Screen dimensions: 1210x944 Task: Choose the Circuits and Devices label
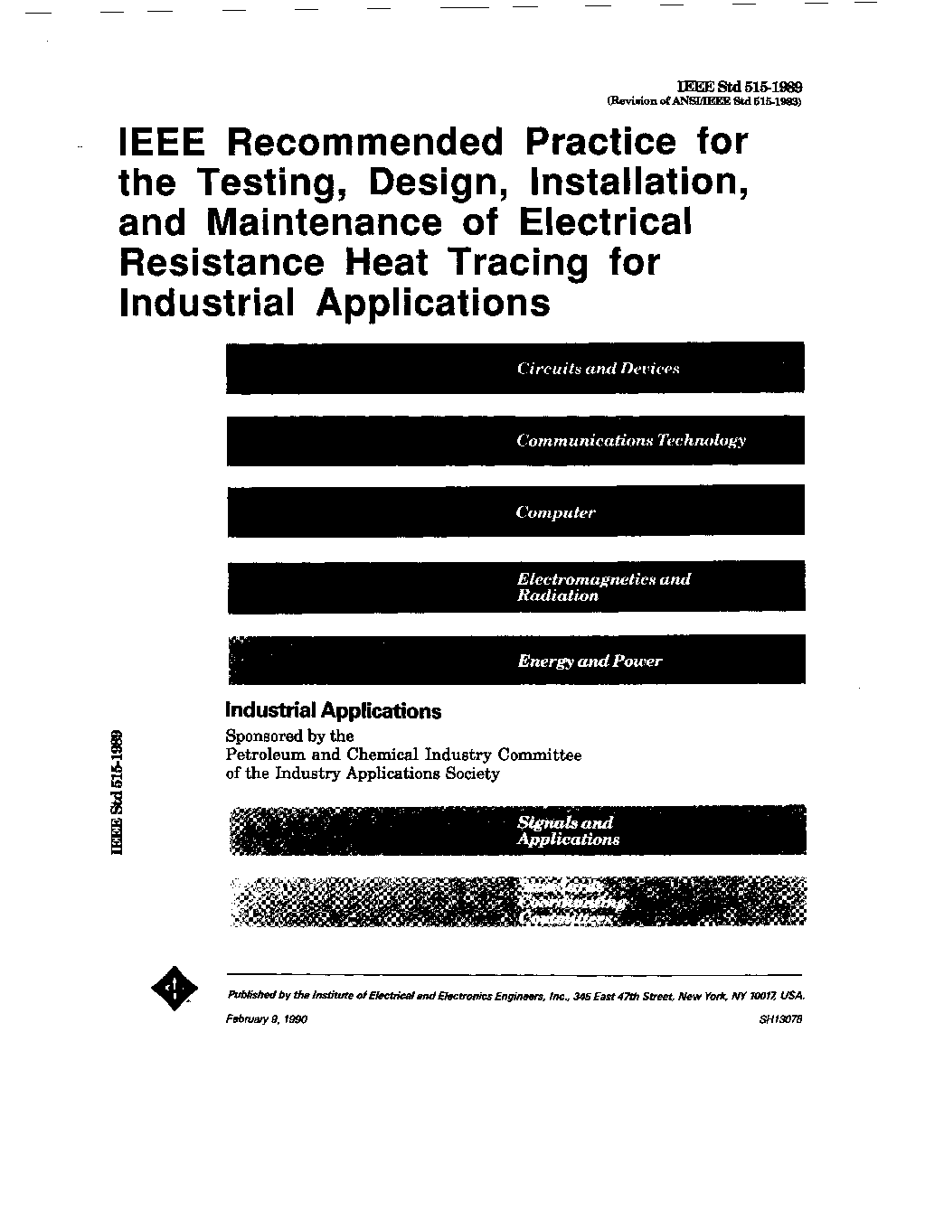point(598,369)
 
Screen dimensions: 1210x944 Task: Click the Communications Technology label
point(630,441)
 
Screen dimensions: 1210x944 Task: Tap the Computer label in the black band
point(555,512)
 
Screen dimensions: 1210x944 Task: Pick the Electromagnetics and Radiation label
point(602,587)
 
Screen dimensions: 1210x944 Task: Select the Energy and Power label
point(590,661)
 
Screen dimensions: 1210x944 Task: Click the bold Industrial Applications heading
point(333,711)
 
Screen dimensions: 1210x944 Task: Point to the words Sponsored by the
point(289,736)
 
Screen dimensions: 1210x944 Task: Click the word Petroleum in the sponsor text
point(262,755)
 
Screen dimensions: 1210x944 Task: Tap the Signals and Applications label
point(567,830)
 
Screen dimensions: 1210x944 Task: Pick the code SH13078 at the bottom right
point(782,1018)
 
